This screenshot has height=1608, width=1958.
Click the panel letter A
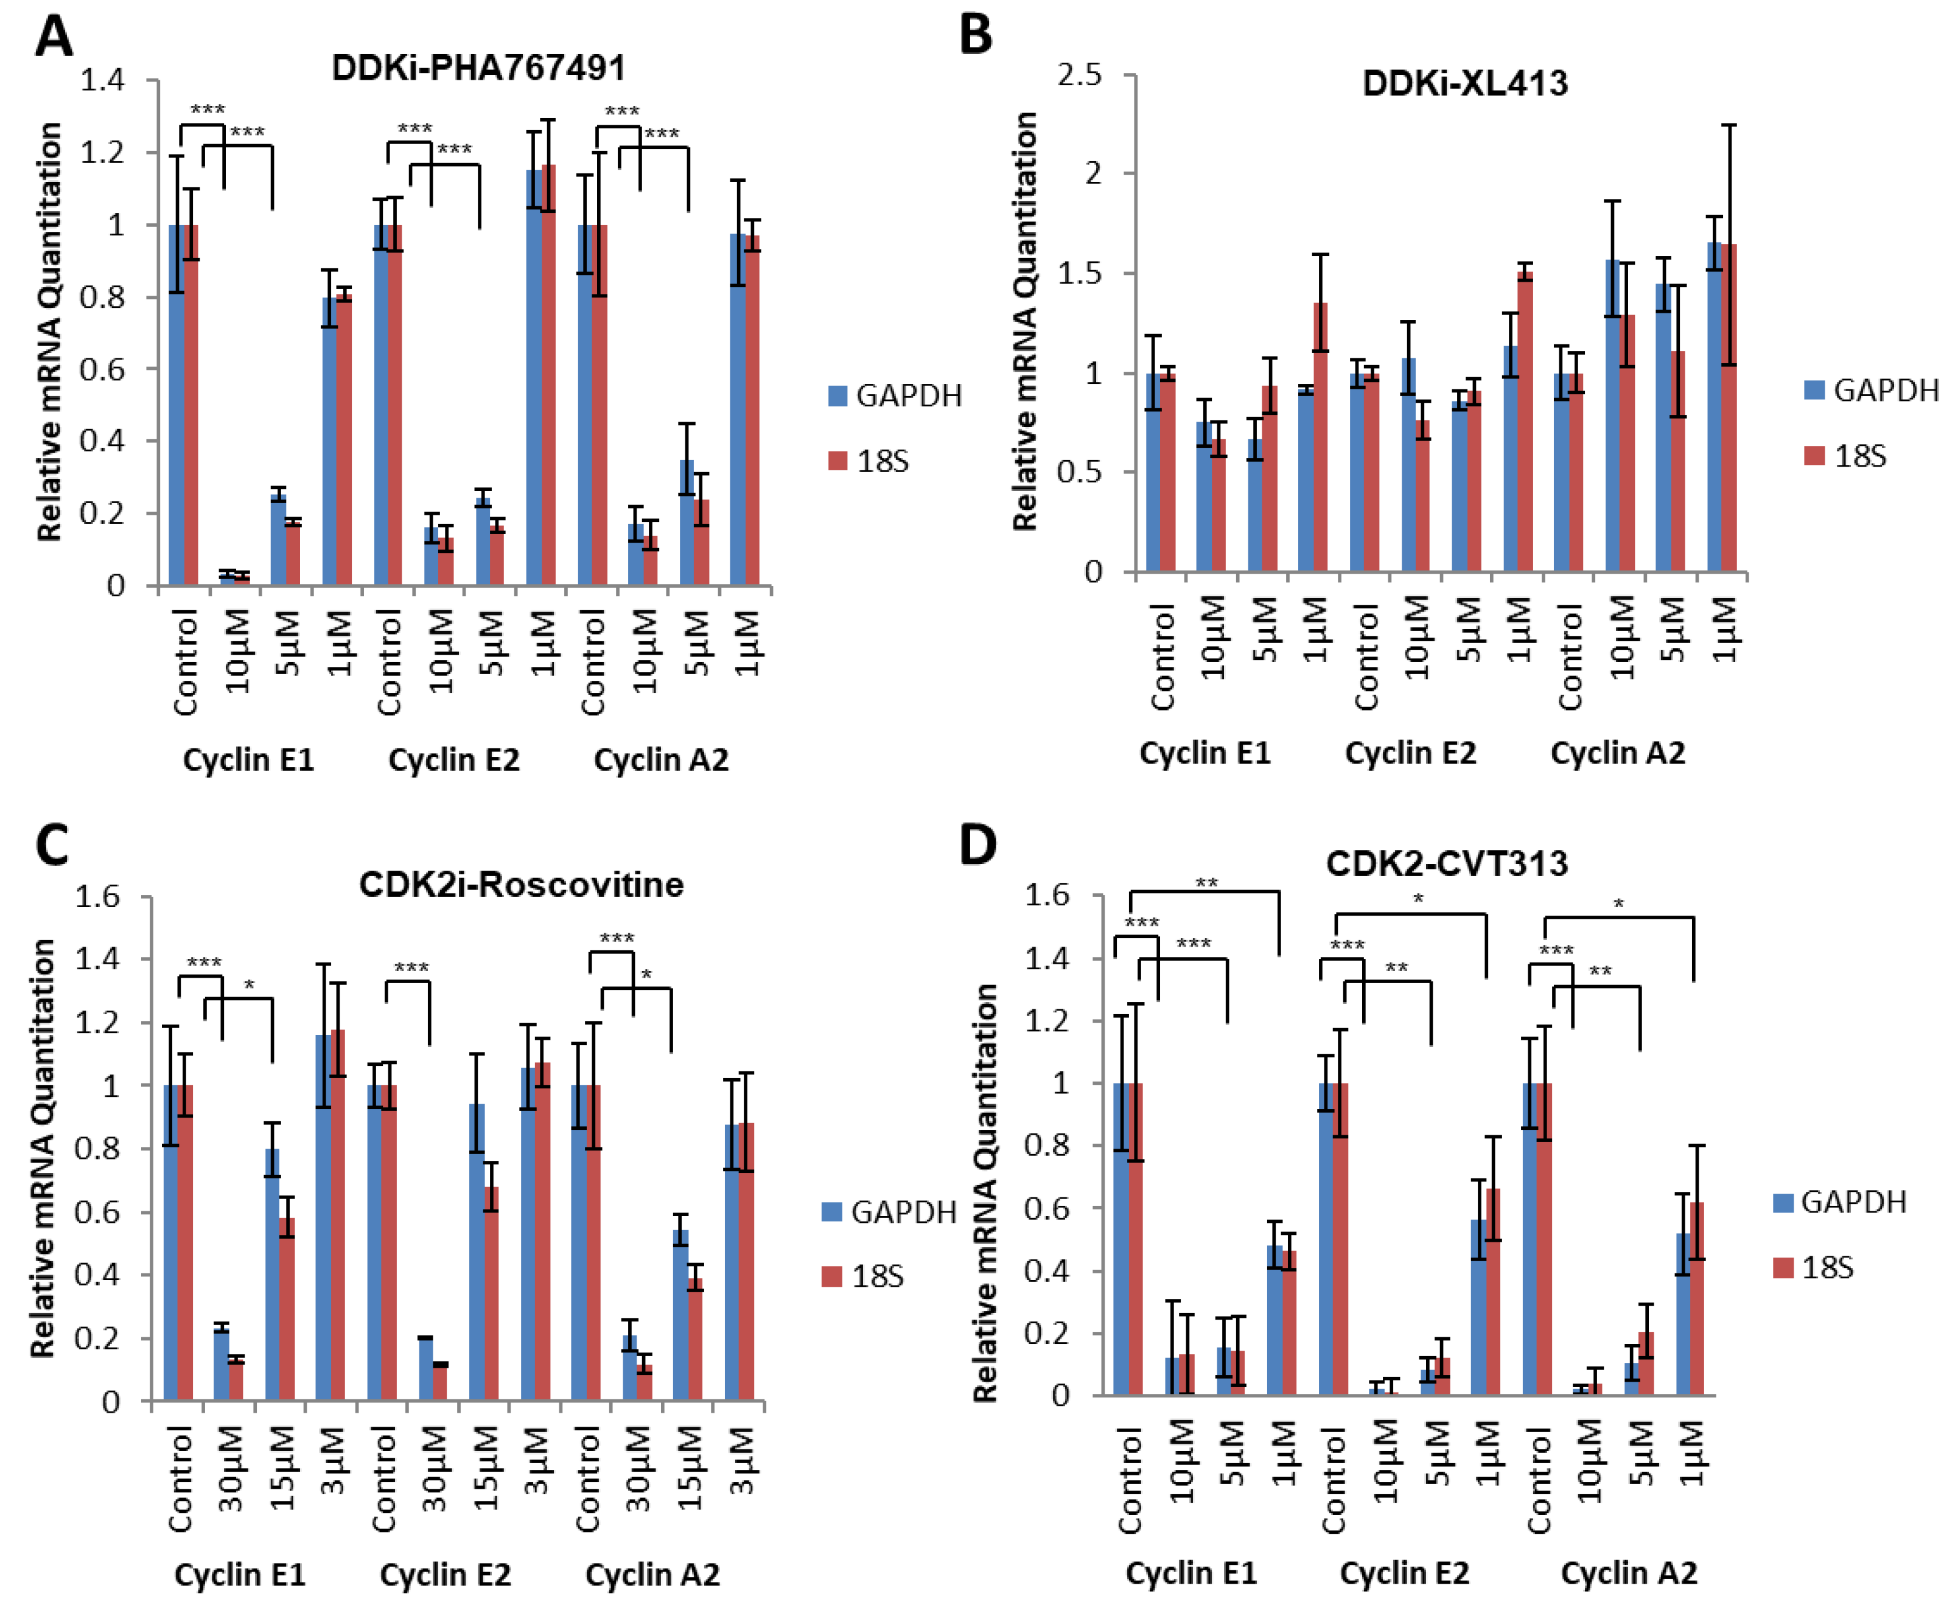click(53, 37)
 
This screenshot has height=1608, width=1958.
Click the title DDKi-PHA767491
click(478, 68)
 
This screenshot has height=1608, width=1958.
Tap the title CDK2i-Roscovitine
click(521, 885)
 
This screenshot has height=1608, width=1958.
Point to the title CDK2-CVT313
click(1447, 863)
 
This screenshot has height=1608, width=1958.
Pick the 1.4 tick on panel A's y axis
click(102, 80)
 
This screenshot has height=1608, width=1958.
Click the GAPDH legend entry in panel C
click(888, 1211)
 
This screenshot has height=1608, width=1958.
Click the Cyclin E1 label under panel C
click(239, 1574)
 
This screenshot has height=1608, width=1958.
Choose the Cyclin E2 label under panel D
click(1404, 1572)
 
